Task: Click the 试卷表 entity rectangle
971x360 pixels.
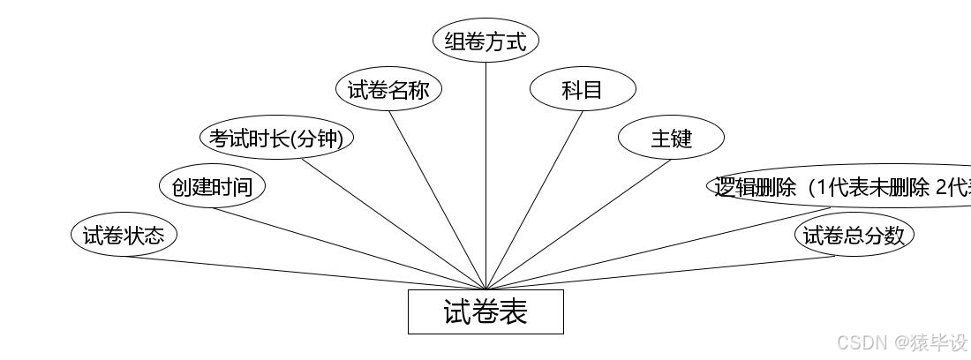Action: pos(485,311)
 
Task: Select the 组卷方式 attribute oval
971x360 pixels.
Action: pos(485,41)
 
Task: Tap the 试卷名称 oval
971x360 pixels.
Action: pos(388,89)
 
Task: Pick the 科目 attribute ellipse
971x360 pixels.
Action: pos(583,89)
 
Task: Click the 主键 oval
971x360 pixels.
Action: pos(671,138)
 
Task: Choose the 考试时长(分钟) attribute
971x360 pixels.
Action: pos(276,138)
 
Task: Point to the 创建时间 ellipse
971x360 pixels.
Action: pos(212,186)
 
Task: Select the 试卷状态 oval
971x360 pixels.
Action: pos(124,235)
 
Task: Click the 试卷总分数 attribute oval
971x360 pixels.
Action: pos(854,235)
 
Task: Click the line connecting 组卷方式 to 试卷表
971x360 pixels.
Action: pos(485,176)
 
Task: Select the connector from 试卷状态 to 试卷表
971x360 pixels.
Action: pos(305,273)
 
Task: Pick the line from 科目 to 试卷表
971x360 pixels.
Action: pos(534,200)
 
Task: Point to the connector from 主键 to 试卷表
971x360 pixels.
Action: pos(578,224)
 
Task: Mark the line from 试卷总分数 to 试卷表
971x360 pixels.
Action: pos(660,273)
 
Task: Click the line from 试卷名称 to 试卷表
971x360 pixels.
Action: pos(437,200)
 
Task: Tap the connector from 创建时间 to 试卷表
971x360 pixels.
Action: pos(349,249)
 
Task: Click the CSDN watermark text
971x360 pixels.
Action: pos(901,342)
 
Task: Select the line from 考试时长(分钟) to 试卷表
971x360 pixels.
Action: pos(394,224)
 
